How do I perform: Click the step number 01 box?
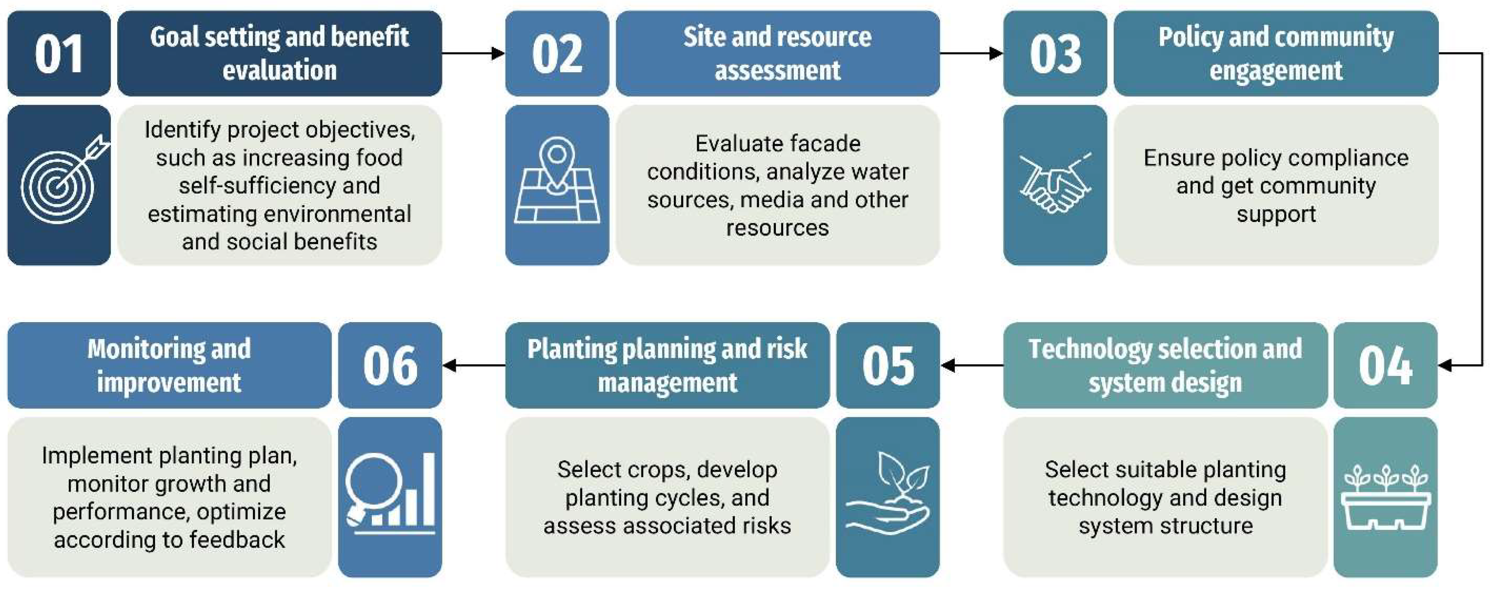(x=58, y=53)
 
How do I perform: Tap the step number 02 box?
(x=557, y=53)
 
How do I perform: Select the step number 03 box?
(x=1055, y=53)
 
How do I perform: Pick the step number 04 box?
(x=1385, y=365)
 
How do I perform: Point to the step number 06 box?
(x=390, y=365)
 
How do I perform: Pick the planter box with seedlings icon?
(x=1385, y=497)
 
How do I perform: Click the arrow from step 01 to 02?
(x=473, y=53)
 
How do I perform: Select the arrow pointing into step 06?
(x=473, y=365)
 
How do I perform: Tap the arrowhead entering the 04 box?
(x=1447, y=365)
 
